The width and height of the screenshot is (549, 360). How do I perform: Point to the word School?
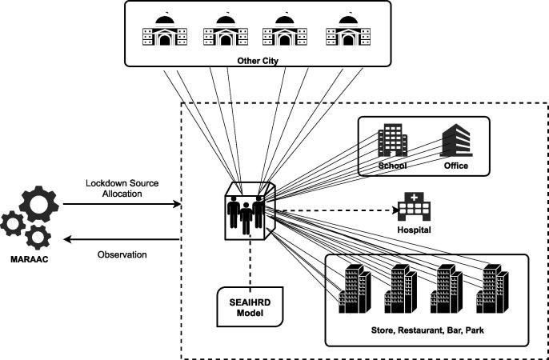point(392,166)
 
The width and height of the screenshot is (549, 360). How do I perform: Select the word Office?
point(455,166)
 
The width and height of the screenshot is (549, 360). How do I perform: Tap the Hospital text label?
point(415,230)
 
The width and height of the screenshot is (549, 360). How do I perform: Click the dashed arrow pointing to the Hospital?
point(336,212)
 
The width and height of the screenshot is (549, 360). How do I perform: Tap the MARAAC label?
point(29,260)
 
